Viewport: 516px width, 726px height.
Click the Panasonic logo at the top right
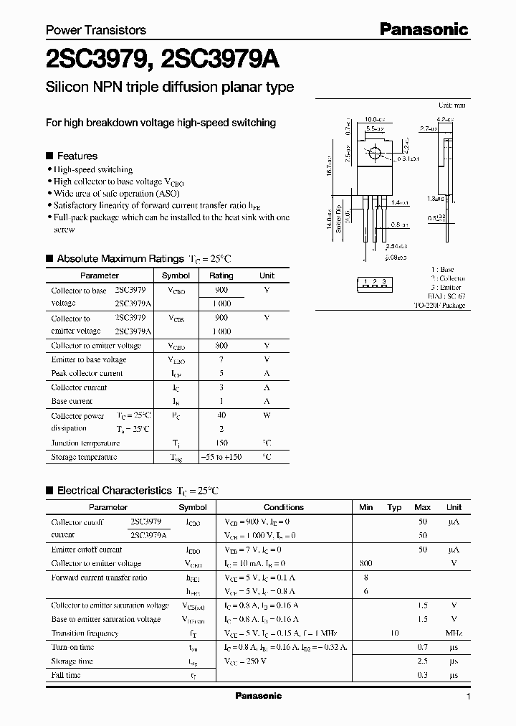point(424,29)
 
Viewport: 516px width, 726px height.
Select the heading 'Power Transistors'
point(96,30)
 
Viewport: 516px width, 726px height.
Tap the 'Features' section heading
point(77,156)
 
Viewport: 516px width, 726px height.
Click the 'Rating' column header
point(221,275)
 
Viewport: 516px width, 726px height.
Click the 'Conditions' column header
point(284,507)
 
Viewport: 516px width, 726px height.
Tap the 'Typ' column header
point(394,507)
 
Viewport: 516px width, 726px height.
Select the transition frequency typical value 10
point(394,633)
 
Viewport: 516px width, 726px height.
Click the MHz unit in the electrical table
point(453,633)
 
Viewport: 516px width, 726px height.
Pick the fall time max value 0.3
point(423,675)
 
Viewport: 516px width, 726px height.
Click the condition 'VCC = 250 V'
point(247,661)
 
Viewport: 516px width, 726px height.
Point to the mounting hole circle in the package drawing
point(373,153)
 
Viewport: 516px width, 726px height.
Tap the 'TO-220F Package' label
point(439,306)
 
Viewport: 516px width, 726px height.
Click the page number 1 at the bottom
point(468,697)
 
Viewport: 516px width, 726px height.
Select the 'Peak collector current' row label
point(87,374)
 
